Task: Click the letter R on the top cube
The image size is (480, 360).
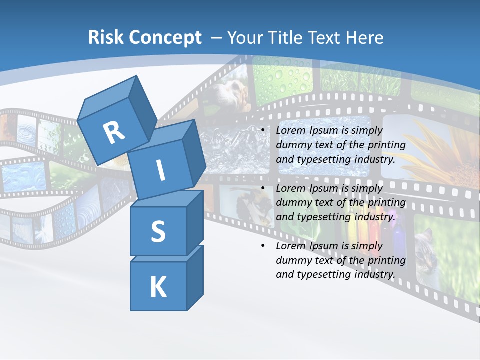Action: pyautogui.click(x=114, y=132)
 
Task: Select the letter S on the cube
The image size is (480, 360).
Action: pyautogui.click(x=158, y=231)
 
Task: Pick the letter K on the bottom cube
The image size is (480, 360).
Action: pyautogui.click(x=158, y=287)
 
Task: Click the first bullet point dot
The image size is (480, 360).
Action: pyautogui.click(x=262, y=131)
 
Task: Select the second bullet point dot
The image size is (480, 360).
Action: pyautogui.click(x=262, y=188)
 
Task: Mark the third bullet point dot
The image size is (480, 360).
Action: pyautogui.click(x=262, y=246)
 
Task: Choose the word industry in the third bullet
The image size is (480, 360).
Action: pyautogui.click(x=376, y=274)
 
